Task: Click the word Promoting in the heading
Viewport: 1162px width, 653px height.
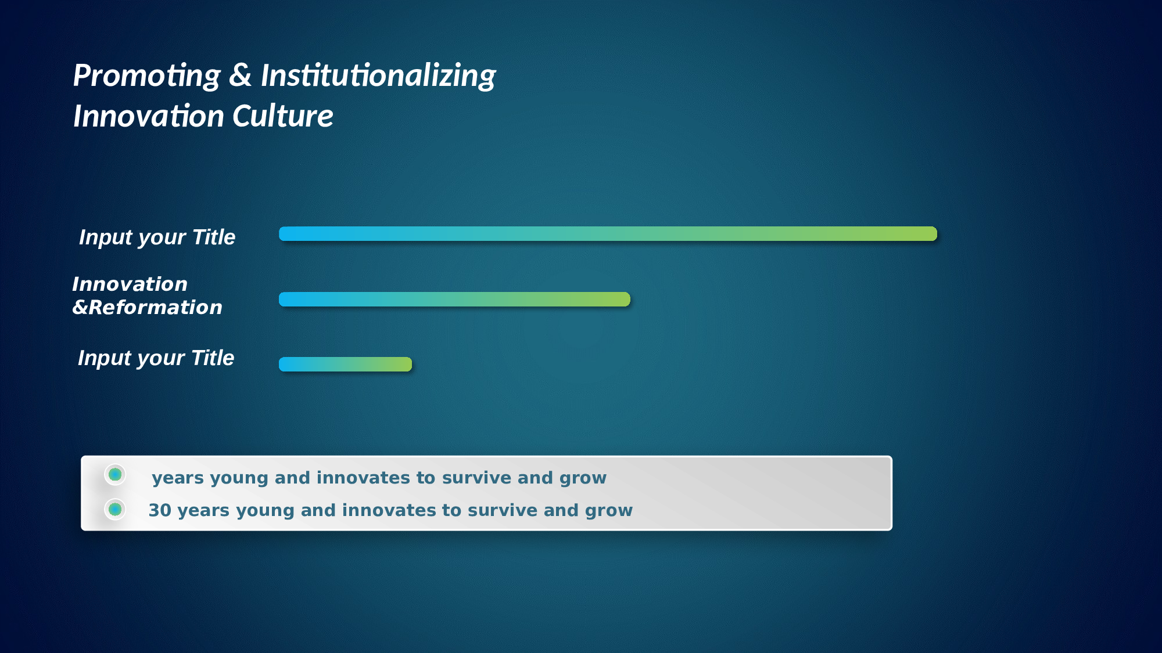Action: pyautogui.click(x=147, y=77)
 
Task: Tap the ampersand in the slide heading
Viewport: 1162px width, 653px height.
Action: pyautogui.click(x=241, y=75)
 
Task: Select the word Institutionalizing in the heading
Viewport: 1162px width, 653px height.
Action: pyautogui.click(x=378, y=77)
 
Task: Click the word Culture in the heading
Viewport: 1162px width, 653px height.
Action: pyautogui.click(x=283, y=116)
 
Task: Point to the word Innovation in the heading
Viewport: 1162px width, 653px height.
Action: pyautogui.click(x=149, y=116)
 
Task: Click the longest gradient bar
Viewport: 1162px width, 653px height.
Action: pyautogui.click(x=608, y=234)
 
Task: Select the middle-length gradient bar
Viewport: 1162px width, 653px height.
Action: pyautogui.click(x=454, y=300)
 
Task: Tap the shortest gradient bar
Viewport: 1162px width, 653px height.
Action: pyautogui.click(x=345, y=365)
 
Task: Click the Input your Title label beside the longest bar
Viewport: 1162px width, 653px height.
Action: pyautogui.click(x=157, y=237)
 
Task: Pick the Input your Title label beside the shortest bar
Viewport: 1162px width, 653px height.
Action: pyautogui.click(x=156, y=358)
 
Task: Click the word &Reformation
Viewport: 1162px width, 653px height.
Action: pyautogui.click(x=147, y=308)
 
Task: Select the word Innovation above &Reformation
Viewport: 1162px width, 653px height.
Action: pyautogui.click(x=130, y=284)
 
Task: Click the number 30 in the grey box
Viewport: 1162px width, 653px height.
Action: pyautogui.click(x=160, y=510)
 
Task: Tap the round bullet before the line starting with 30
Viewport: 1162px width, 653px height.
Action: pyautogui.click(x=115, y=510)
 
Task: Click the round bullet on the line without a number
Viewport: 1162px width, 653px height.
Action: pyautogui.click(x=115, y=475)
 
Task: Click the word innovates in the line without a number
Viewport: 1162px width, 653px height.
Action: pyautogui.click(x=364, y=478)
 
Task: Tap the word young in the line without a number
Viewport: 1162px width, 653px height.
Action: pyautogui.click(x=239, y=479)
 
